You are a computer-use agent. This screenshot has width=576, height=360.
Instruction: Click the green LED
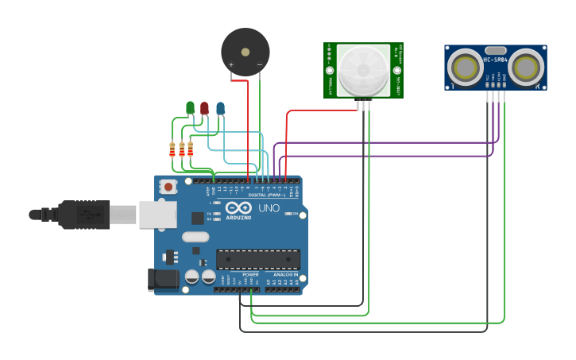coord(190,107)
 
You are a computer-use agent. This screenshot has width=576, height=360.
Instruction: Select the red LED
coord(204,108)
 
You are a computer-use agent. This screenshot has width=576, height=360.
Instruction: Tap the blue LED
coord(220,108)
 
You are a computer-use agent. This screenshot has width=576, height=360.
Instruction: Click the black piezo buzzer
coord(245,52)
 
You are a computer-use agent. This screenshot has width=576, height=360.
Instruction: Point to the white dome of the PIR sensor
coord(363,70)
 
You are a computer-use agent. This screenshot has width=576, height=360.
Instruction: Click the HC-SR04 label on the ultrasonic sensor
coord(495,60)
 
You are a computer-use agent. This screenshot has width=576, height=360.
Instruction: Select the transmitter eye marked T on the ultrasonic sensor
coord(464,68)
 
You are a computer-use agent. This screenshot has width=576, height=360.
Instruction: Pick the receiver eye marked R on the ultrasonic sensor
coord(525,68)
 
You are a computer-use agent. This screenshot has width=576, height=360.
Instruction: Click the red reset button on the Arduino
coord(168,187)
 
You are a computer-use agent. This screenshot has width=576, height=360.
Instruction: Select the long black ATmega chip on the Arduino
coord(258,259)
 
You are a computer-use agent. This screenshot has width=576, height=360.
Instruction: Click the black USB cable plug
coord(83,215)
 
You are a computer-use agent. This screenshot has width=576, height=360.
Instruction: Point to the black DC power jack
coord(162,279)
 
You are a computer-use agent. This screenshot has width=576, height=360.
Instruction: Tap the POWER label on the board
coord(239,274)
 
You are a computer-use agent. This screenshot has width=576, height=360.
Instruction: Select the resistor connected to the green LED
coord(172,149)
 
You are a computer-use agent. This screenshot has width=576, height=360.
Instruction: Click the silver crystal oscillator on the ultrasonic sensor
coord(495,50)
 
